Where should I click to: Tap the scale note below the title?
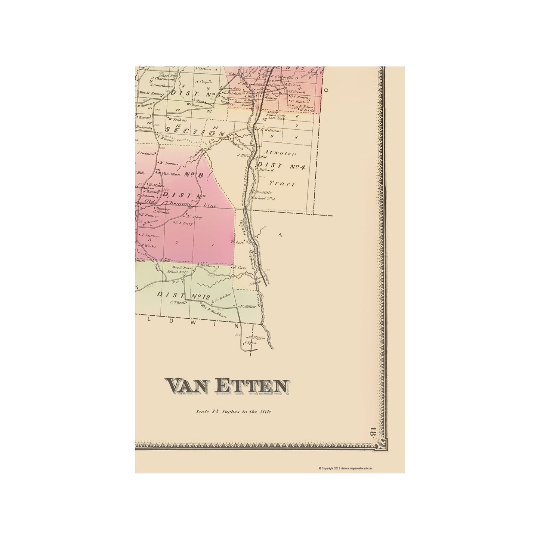(x=233, y=412)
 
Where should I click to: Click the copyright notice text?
(x=345, y=468)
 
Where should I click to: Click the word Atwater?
(x=280, y=153)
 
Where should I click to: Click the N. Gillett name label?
(x=247, y=306)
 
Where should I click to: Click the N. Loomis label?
(x=168, y=163)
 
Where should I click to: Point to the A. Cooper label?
(x=205, y=81)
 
